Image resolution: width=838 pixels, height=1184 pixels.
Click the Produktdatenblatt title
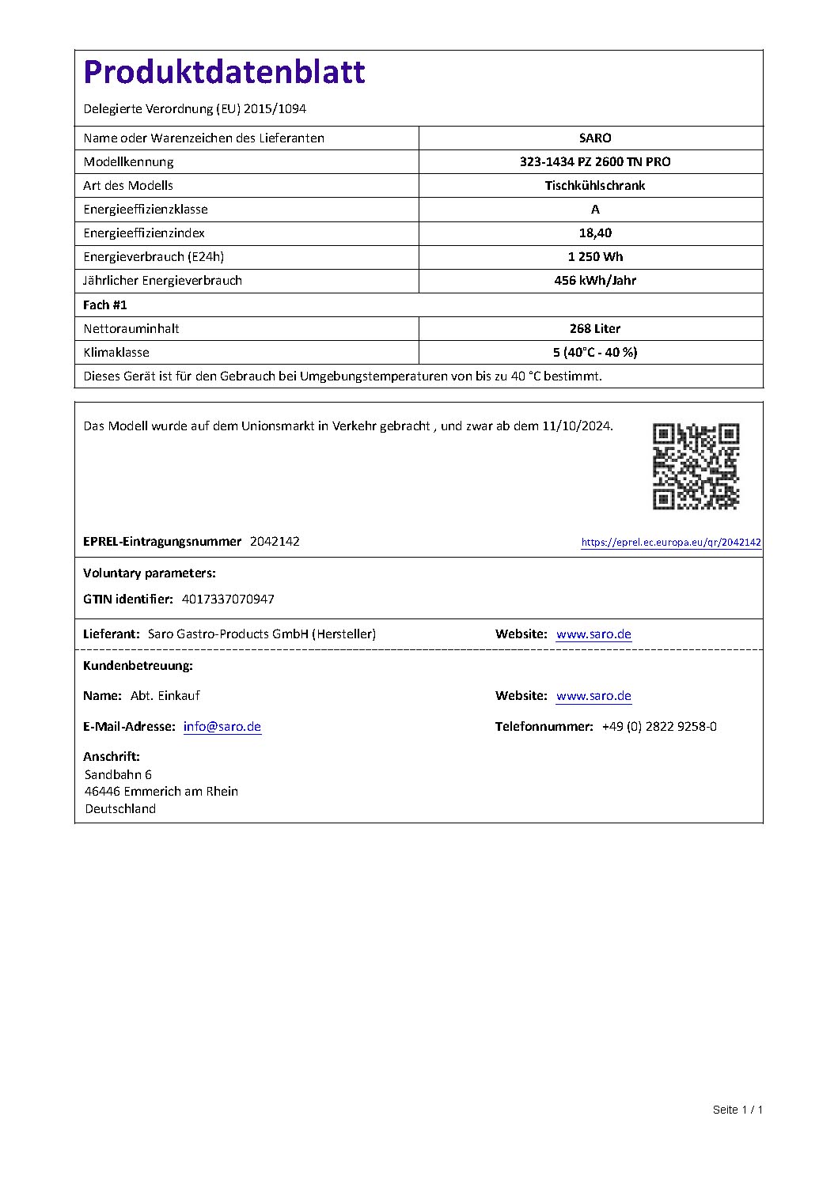pos(224,73)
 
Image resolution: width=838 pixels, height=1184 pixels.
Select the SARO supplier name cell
pos(594,138)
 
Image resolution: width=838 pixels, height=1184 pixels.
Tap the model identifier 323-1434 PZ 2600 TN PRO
pos(594,161)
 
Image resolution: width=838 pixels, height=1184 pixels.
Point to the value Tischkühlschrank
pos(594,185)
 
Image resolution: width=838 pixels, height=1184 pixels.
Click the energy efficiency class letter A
pos(595,209)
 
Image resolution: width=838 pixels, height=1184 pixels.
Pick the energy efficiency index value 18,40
pos(594,233)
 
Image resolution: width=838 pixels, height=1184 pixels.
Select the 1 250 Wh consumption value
pos(594,256)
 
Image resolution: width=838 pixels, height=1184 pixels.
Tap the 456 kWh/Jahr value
pos(594,280)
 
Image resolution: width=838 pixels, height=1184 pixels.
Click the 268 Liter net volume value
pos(594,328)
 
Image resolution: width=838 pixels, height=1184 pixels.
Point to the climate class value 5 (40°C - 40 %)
pos(594,352)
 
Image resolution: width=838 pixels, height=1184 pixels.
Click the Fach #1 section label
pos(105,305)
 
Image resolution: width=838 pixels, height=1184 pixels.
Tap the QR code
pos(696,466)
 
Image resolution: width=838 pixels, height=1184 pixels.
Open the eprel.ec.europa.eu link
pos(670,543)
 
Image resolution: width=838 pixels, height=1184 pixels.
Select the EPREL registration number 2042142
pos(275,542)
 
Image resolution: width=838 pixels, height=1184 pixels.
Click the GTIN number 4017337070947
pos(228,600)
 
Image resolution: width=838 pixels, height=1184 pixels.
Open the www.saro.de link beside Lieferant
pos(593,634)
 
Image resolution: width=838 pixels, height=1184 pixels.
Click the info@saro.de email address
pos(222,727)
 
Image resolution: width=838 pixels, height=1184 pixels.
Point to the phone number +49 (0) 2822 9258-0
pos(659,727)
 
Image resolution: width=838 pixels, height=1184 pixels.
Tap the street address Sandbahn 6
pos(118,774)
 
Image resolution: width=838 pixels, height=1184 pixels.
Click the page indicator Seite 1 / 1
pos(737,1110)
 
